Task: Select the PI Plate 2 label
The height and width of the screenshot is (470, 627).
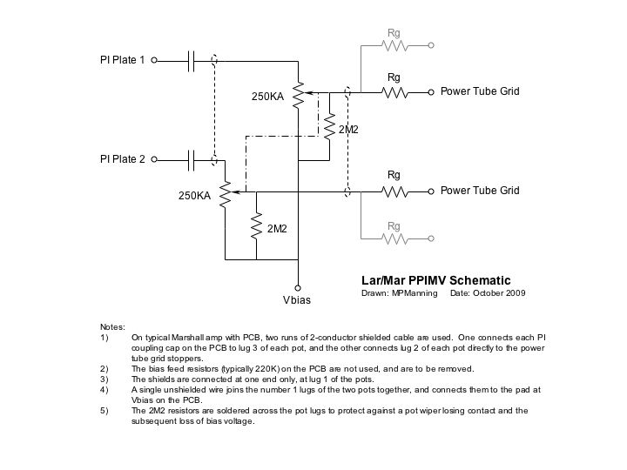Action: [x=123, y=159]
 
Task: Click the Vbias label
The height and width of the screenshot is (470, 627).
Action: [x=297, y=299]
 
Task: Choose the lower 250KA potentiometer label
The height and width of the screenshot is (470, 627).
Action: [x=194, y=197]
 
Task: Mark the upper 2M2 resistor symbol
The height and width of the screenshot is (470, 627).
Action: [x=330, y=128]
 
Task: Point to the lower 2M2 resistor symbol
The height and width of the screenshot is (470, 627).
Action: [x=257, y=227]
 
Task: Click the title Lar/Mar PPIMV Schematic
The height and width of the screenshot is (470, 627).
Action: [x=435, y=280]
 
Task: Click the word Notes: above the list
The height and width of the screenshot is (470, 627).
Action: [x=113, y=326]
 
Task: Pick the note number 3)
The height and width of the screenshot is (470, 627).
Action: [x=104, y=379]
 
